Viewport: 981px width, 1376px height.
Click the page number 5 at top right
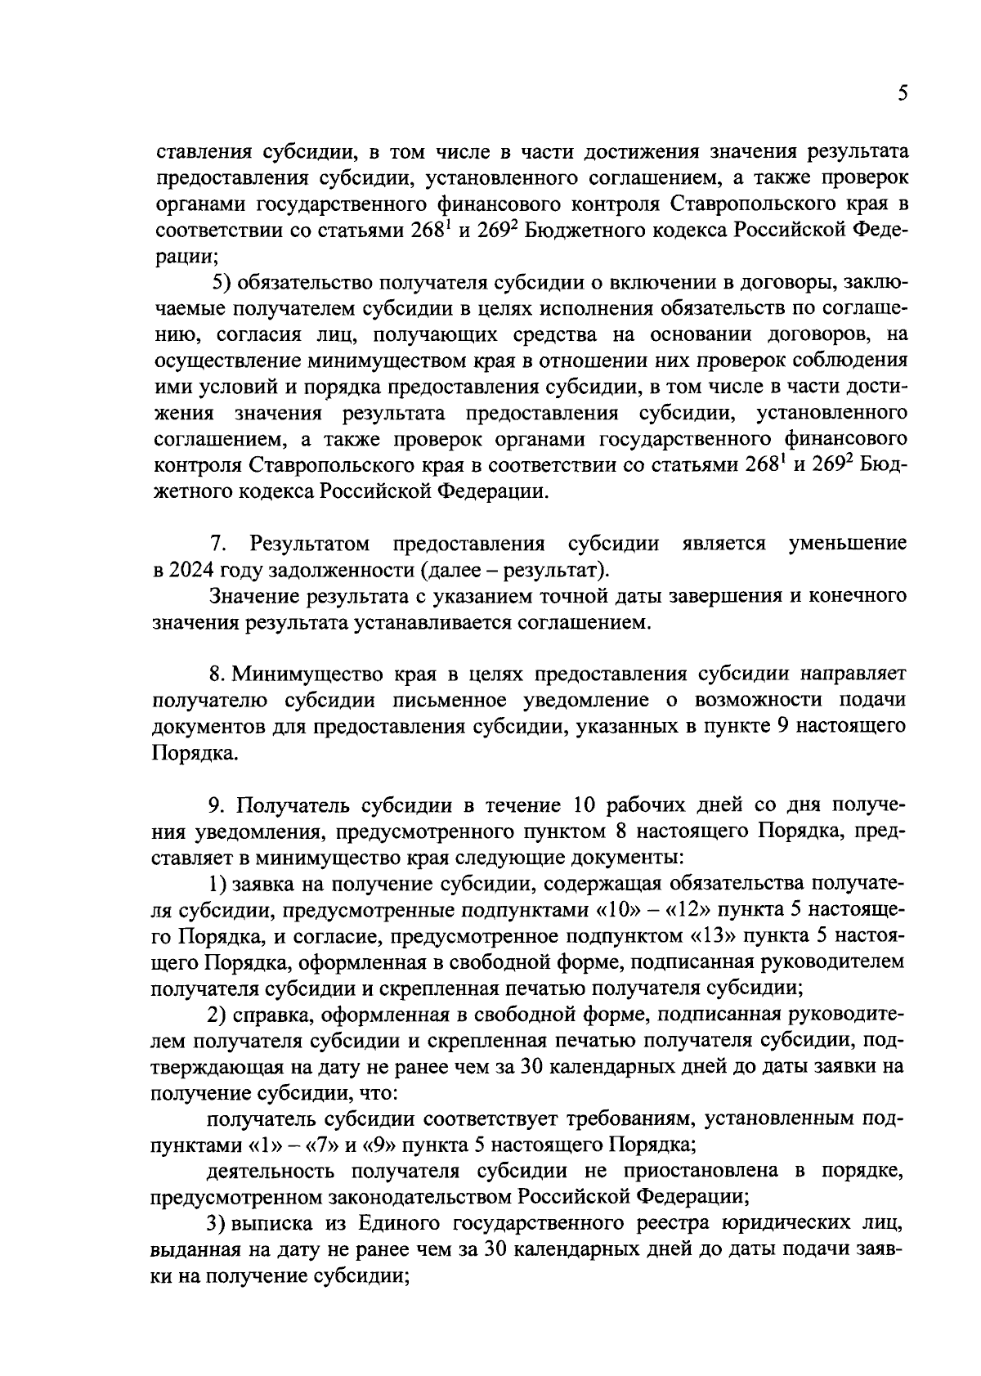pyautogui.click(x=902, y=93)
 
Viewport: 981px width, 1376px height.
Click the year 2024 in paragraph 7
pyautogui.click(x=191, y=569)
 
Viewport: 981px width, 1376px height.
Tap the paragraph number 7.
pyautogui.click(x=217, y=544)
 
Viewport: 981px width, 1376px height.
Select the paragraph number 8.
pyautogui.click(x=217, y=675)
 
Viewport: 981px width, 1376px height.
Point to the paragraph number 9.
pyautogui.click(x=217, y=805)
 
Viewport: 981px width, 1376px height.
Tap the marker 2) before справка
pyautogui.click(x=217, y=1015)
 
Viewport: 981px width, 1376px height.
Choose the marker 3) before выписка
pyautogui.click(x=217, y=1224)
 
